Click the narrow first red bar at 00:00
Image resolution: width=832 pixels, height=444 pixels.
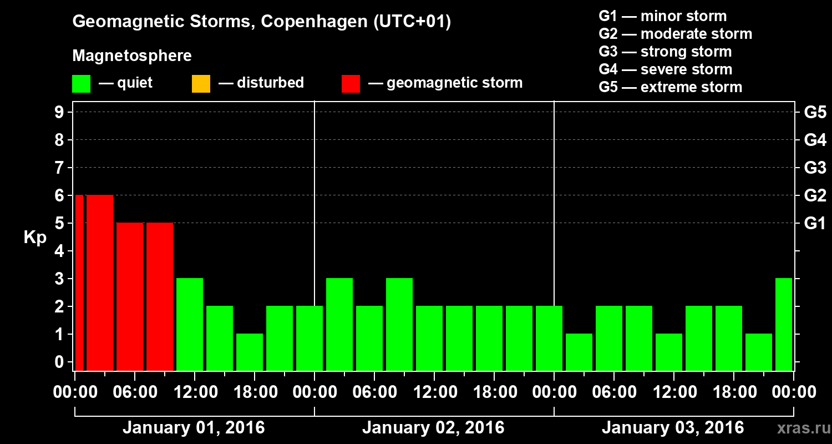[79, 282]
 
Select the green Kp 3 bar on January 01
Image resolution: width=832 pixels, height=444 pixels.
[190, 324]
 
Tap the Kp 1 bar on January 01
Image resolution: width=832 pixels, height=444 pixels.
[250, 352]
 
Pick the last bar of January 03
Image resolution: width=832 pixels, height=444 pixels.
[784, 324]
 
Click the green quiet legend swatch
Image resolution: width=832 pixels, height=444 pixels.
[81, 84]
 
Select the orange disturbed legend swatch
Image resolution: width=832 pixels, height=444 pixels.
[201, 84]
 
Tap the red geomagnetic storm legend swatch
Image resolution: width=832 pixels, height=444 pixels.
[351, 84]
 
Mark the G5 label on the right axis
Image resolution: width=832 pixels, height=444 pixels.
[815, 113]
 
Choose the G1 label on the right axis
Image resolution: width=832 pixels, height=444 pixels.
[815, 224]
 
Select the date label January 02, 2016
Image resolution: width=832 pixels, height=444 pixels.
[433, 428]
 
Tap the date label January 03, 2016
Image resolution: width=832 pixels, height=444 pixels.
[673, 428]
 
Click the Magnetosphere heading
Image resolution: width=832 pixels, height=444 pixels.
[132, 56]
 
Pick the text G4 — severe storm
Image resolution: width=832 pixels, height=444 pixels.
[665, 69]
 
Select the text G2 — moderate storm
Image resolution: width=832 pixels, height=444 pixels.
[675, 34]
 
